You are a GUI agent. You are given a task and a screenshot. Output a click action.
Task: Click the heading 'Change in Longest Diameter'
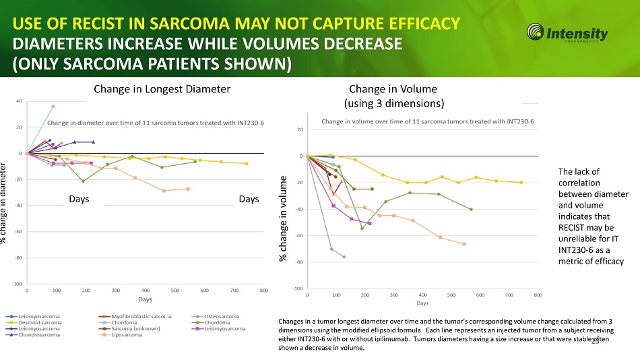(x=162, y=89)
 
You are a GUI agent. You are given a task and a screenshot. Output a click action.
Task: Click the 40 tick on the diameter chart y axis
(x=20, y=101)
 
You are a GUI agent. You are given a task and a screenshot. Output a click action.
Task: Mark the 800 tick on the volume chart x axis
(x=538, y=295)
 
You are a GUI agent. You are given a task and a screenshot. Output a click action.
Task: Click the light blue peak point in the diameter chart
(x=53, y=107)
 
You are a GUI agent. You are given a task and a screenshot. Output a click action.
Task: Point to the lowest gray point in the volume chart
(x=344, y=257)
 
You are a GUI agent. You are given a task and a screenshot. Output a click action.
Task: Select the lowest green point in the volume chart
(x=362, y=228)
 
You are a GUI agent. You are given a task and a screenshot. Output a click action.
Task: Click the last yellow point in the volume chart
(x=521, y=183)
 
